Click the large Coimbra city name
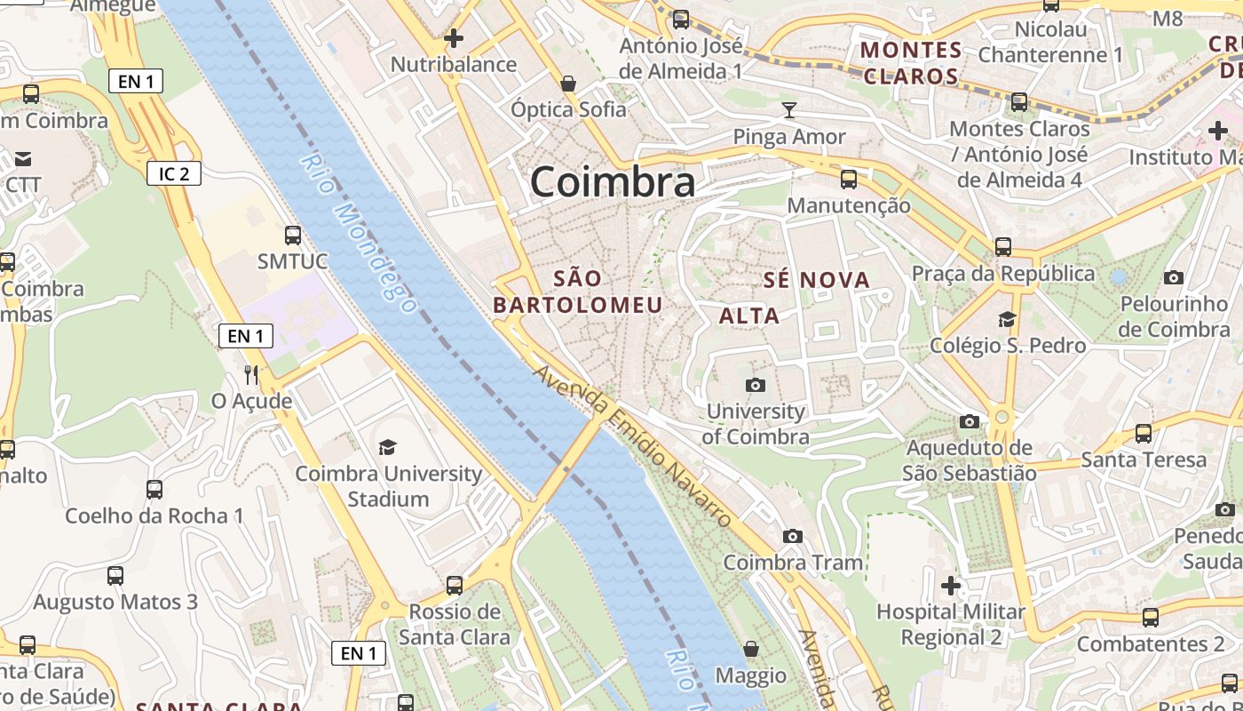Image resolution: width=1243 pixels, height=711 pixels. point(613,182)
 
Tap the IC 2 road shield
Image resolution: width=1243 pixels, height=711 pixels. point(174,173)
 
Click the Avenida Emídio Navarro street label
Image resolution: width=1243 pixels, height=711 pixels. point(633,444)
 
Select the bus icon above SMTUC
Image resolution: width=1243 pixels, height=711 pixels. point(292,236)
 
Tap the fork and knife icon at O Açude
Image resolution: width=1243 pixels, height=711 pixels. point(251,374)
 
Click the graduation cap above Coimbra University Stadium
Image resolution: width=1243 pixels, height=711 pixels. point(388,446)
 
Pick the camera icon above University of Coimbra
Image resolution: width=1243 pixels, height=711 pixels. point(756,385)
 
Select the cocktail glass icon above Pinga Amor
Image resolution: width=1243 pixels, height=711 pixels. point(789,110)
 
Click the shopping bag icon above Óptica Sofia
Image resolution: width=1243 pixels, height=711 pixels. point(568,84)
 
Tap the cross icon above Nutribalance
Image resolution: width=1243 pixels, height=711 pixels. point(454,38)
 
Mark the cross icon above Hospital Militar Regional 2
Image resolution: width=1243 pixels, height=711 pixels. point(951,586)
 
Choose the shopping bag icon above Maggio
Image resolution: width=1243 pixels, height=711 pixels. point(751,649)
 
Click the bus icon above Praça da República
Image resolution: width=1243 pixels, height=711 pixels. point(1003,246)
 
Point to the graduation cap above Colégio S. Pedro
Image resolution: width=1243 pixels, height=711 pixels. point(1007,319)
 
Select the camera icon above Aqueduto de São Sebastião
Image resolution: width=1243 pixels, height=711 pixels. point(970,421)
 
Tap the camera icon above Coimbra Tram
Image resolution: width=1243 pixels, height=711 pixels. point(793,536)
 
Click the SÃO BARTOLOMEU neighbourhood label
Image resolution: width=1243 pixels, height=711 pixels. point(578,292)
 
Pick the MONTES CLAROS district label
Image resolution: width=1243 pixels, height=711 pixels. point(912,62)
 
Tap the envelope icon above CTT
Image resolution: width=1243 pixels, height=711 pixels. point(23,159)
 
